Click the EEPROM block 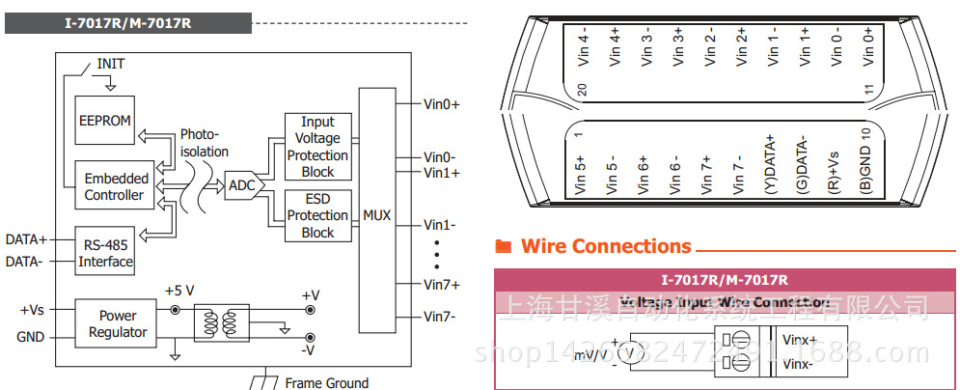coord(105,123)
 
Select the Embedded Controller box coord(116,186)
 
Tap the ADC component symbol coord(241,184)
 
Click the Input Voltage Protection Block coord(317,147)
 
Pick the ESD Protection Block coord(317,215)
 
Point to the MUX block coord(376,215)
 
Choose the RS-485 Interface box coord(106,253)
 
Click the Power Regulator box coord(118,323)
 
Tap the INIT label coord(110,65)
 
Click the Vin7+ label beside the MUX coord(442,285)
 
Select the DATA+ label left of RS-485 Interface coord(26,238)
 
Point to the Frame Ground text coord(326,383)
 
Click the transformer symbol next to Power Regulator coord(221,324)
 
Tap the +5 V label coord(180,290)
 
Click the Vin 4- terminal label coord(582,46)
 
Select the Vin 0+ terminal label coord(868,46)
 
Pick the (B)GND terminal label coord(865,167)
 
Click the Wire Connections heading coord(606,246)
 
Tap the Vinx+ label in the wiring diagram coord(800,341)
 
